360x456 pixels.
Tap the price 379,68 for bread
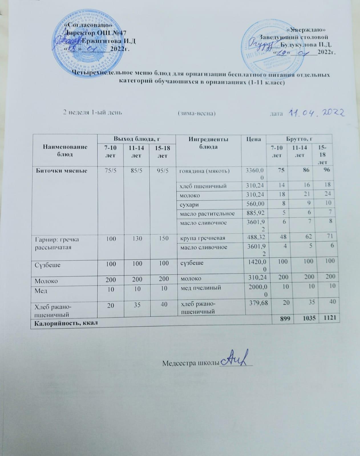tap(258, 302)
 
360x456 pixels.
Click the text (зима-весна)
tap(196, 113)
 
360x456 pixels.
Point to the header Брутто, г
tap(299, 139)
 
